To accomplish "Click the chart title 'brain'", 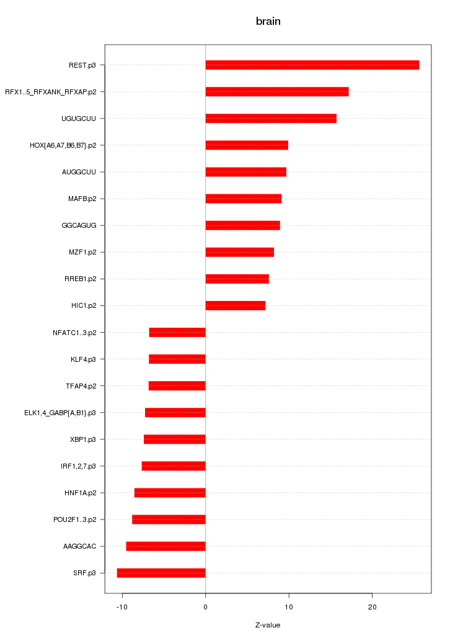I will click(268, 21).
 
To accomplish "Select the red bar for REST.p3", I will click(312, 65).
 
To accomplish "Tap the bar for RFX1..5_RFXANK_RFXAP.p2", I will click(276, 92).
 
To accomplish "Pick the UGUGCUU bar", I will click(271, 119).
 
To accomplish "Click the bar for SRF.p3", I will click(161, 573).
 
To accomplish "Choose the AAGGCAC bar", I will click(165, 546).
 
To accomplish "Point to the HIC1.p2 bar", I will click(235, 305).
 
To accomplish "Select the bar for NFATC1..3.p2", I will click(177, 333).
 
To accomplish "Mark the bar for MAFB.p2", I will click(243, 199).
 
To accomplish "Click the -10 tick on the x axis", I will click(122, 606).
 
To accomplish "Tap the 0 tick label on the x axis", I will click(205, 606).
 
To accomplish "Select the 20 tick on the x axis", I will click(372, 606).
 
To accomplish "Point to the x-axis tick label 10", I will click(289, 606).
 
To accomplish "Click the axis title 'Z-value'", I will click(268, 625).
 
